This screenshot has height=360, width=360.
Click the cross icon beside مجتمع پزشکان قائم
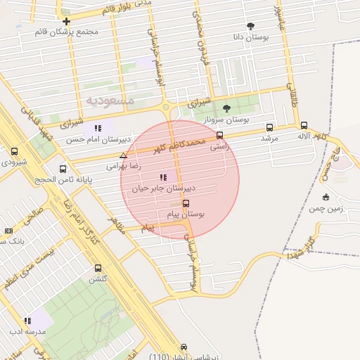point(66,21)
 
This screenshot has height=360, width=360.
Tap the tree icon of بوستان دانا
point(250,26)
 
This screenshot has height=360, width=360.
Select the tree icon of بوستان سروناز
point(226,108)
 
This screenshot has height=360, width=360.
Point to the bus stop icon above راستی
point(219,135)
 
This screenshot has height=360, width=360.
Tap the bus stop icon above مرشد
point(269,128)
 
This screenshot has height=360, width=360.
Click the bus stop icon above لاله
point(304,125)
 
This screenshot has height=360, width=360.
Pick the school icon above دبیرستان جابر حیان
point(163,177)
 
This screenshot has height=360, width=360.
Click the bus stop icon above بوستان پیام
point(186,203)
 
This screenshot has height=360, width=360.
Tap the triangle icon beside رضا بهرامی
point(124,156)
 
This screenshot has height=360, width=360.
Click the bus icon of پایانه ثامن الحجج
point(63,169)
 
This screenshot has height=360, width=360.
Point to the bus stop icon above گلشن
point(98,268)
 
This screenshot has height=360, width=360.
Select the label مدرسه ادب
point(27,330)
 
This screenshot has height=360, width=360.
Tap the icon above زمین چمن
point(325,197)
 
